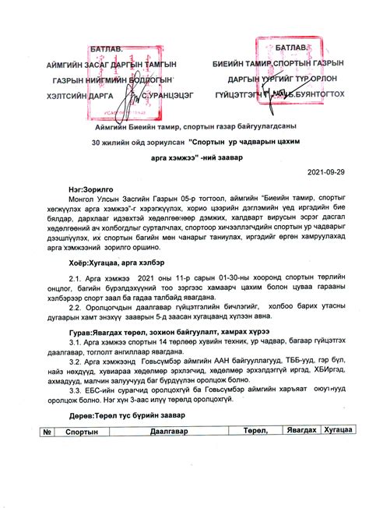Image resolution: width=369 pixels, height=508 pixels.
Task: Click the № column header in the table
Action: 47,431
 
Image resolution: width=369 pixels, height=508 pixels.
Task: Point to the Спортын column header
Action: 82,431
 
